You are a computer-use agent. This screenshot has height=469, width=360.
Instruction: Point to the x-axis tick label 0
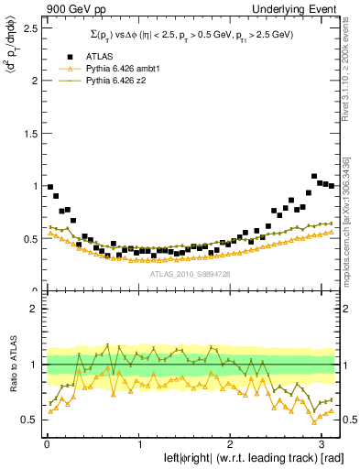tap(47, 444)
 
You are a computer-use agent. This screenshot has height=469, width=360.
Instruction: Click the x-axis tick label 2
tap(230, 444)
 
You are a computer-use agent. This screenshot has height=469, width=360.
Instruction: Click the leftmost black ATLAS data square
tap(50, 187)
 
